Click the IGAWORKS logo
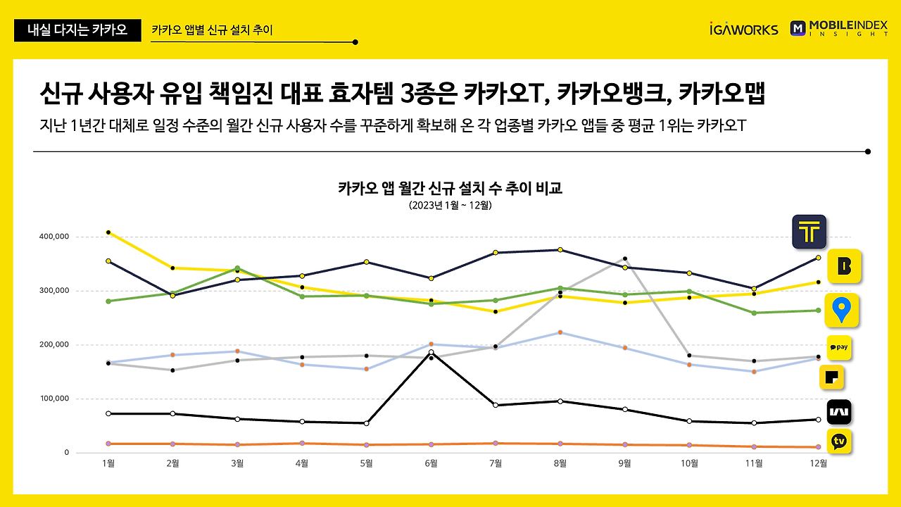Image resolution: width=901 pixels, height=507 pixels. point(744,29)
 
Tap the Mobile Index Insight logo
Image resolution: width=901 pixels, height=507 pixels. point(838,28)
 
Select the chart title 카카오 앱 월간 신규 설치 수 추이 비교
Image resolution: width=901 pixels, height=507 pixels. point(450,189)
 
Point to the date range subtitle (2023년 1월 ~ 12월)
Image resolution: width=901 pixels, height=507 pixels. point(450,206)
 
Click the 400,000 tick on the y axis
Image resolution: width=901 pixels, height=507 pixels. point(53,237)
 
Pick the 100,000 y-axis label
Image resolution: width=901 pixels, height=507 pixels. point(53,399)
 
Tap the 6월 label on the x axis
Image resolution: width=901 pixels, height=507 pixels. point(431,463)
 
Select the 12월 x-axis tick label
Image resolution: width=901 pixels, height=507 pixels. point(818,463)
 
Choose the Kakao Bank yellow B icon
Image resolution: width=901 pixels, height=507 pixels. point(844,266)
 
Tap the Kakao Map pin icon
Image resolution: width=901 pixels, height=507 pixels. point(841,311)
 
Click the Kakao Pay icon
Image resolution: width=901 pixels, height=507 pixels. point(838,348)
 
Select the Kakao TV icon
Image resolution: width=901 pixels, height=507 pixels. point(838,442)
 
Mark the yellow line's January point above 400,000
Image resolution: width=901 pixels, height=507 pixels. point(108,232)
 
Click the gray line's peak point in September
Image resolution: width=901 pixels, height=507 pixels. point(625,258)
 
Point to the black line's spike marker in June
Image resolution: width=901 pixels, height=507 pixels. point(431,352)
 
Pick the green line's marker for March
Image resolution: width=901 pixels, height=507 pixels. point(237,268)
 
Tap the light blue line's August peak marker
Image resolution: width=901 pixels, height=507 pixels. point(560,332)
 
